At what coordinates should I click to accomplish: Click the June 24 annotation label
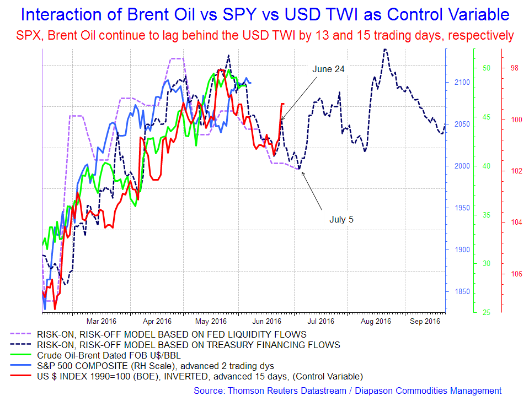pos(328,69)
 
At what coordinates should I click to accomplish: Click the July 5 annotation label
pos(341,219)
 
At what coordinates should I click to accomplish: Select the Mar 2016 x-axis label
pos(100,321)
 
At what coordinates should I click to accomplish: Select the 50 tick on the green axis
pos(487,68)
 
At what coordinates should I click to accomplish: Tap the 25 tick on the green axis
pos(487,312)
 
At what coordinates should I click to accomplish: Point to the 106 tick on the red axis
pos(515,274)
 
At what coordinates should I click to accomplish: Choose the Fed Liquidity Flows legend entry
pos(172,334)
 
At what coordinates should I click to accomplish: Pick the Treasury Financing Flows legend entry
pos(188,345)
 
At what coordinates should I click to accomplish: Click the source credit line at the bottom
pos(348,390)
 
